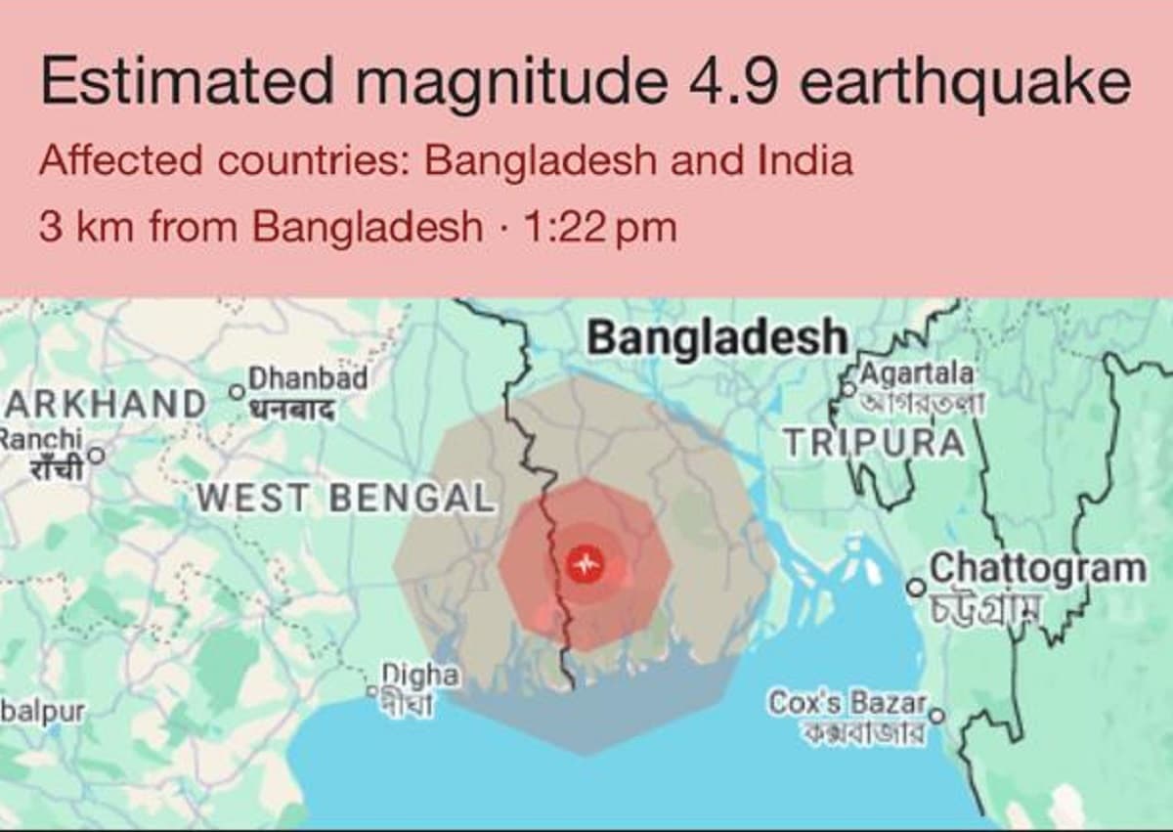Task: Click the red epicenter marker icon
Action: pyautogui.click(x=586, y=563)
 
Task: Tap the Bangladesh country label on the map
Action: pyautogui.click(x=717, y=337)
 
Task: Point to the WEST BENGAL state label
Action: pyautogui.click(x=345, y=498)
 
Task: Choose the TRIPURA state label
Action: pyautogui.click(x=874, y=443)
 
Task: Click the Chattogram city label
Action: pyautogui.click(x=1037, y=568)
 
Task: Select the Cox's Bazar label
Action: pyautogui.click(x=847, y=702)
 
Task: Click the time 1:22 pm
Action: pyautogui.click(x=599, y=227)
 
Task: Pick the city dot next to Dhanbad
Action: pyautogui.click(x=235, y=391)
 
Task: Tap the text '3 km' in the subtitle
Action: pyautogui.click(x=74, y=227)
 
